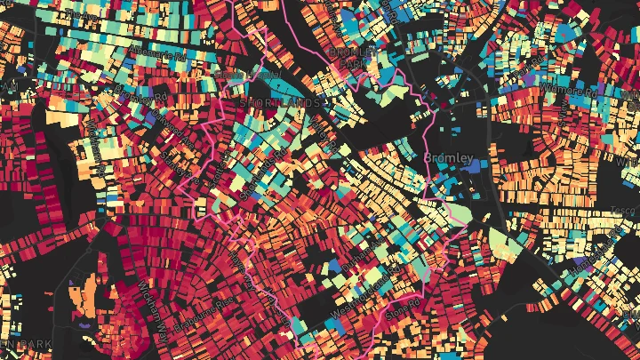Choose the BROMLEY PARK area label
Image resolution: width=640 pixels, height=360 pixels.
tap(347, 58)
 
